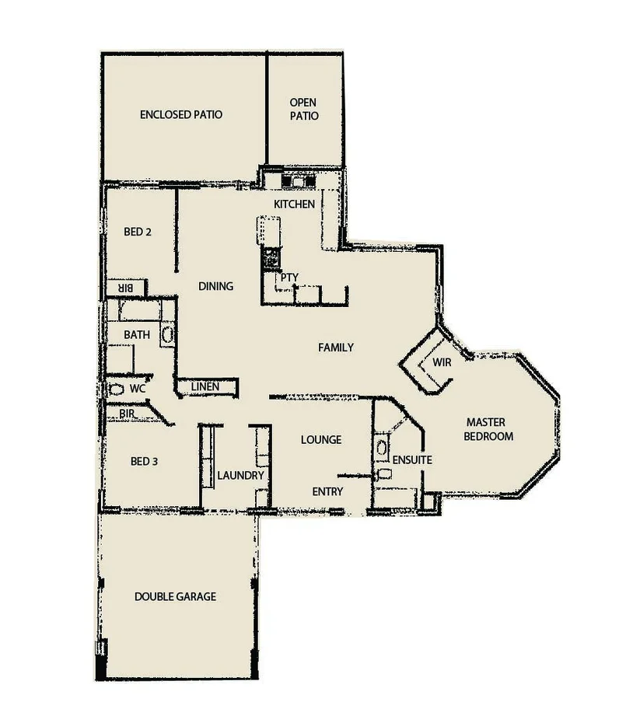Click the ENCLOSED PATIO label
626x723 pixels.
click(x=181, y=115)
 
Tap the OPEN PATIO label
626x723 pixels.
click(x=304, y=109)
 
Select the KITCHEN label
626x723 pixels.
click(x=294, y=204)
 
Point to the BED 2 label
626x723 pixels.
click(x=137, y=232)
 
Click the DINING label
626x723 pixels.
click(x=215, y=286)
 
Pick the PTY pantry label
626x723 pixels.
click(x=289, y=278)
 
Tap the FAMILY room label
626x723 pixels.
click(x=336, y=348)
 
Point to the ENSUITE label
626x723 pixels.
click(x=412, y=460)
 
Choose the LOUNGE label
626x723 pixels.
click(x=321, y=440)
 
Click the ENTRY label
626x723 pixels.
click(x=327, y=491)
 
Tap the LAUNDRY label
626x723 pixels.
click(x=240, y=476)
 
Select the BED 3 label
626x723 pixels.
click(x=145, y=461)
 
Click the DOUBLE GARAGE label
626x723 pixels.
click(x=175, y=597)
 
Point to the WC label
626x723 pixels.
click(x=138, y=387)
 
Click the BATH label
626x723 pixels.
click(x=137, y=335)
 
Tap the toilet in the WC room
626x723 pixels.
click(x=116, y=388)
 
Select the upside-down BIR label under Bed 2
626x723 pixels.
click(x=126, y=288)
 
